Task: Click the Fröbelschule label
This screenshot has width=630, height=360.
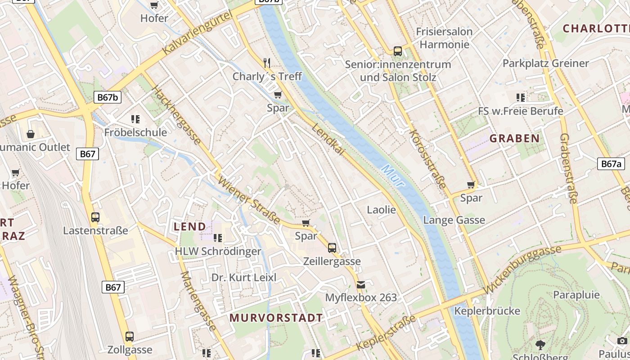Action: tap(135, 132)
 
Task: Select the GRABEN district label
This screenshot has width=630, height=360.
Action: tap(514, 138)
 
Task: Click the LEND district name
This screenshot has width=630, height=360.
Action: tap(190, 226)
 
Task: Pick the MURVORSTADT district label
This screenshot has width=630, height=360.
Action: tap(276, 318)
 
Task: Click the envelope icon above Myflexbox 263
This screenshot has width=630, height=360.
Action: tap(361, 284)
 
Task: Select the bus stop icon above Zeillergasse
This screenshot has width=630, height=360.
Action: tap(332, 248)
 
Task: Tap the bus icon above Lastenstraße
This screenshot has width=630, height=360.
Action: tap(95, 217)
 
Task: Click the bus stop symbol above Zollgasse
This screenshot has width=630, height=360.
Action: tap(130, 336)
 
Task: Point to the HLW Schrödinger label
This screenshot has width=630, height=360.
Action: tap(218, 251)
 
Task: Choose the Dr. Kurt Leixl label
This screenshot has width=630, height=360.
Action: tap(244, 277)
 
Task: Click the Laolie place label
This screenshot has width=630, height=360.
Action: tap(381, 210)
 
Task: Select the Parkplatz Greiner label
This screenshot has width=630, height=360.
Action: tap(545, 63)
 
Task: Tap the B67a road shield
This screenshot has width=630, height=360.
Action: tap(611, 164)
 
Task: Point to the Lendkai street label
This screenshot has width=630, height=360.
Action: tap(328, 139)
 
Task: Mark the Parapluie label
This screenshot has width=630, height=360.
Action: tap(576, 295)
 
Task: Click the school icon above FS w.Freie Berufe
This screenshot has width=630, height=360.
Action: tap(521, 97)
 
